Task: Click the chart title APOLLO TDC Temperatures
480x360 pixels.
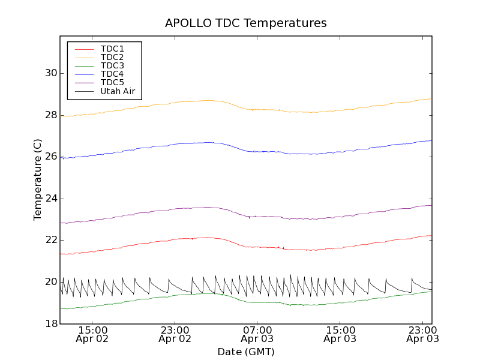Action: [246, 23]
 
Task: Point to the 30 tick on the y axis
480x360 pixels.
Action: [50, 73]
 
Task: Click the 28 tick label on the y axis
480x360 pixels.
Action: [50, 115]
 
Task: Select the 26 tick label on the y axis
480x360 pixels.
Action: [50, 157]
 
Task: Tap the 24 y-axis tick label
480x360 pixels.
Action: [50, 199]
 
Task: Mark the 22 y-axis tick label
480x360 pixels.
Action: [50, 240]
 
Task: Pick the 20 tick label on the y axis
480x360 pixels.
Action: [50, 282]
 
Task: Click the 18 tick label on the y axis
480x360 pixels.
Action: [50, 323]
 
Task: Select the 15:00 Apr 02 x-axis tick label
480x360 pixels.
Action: [92, 334]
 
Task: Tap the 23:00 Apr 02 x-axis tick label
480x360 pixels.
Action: [175, 334]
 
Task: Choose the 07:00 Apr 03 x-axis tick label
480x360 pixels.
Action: [257, 334]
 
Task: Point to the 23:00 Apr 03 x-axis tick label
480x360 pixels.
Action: [422, 334]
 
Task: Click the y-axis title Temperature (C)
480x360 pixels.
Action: [38, 179]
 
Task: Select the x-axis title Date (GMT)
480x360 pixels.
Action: [246, 352]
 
